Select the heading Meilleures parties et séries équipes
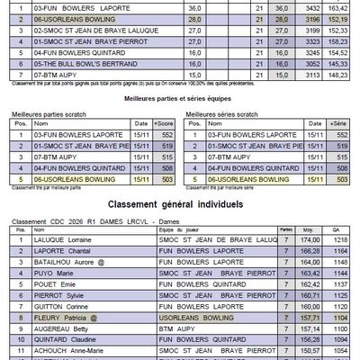[180, 103]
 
